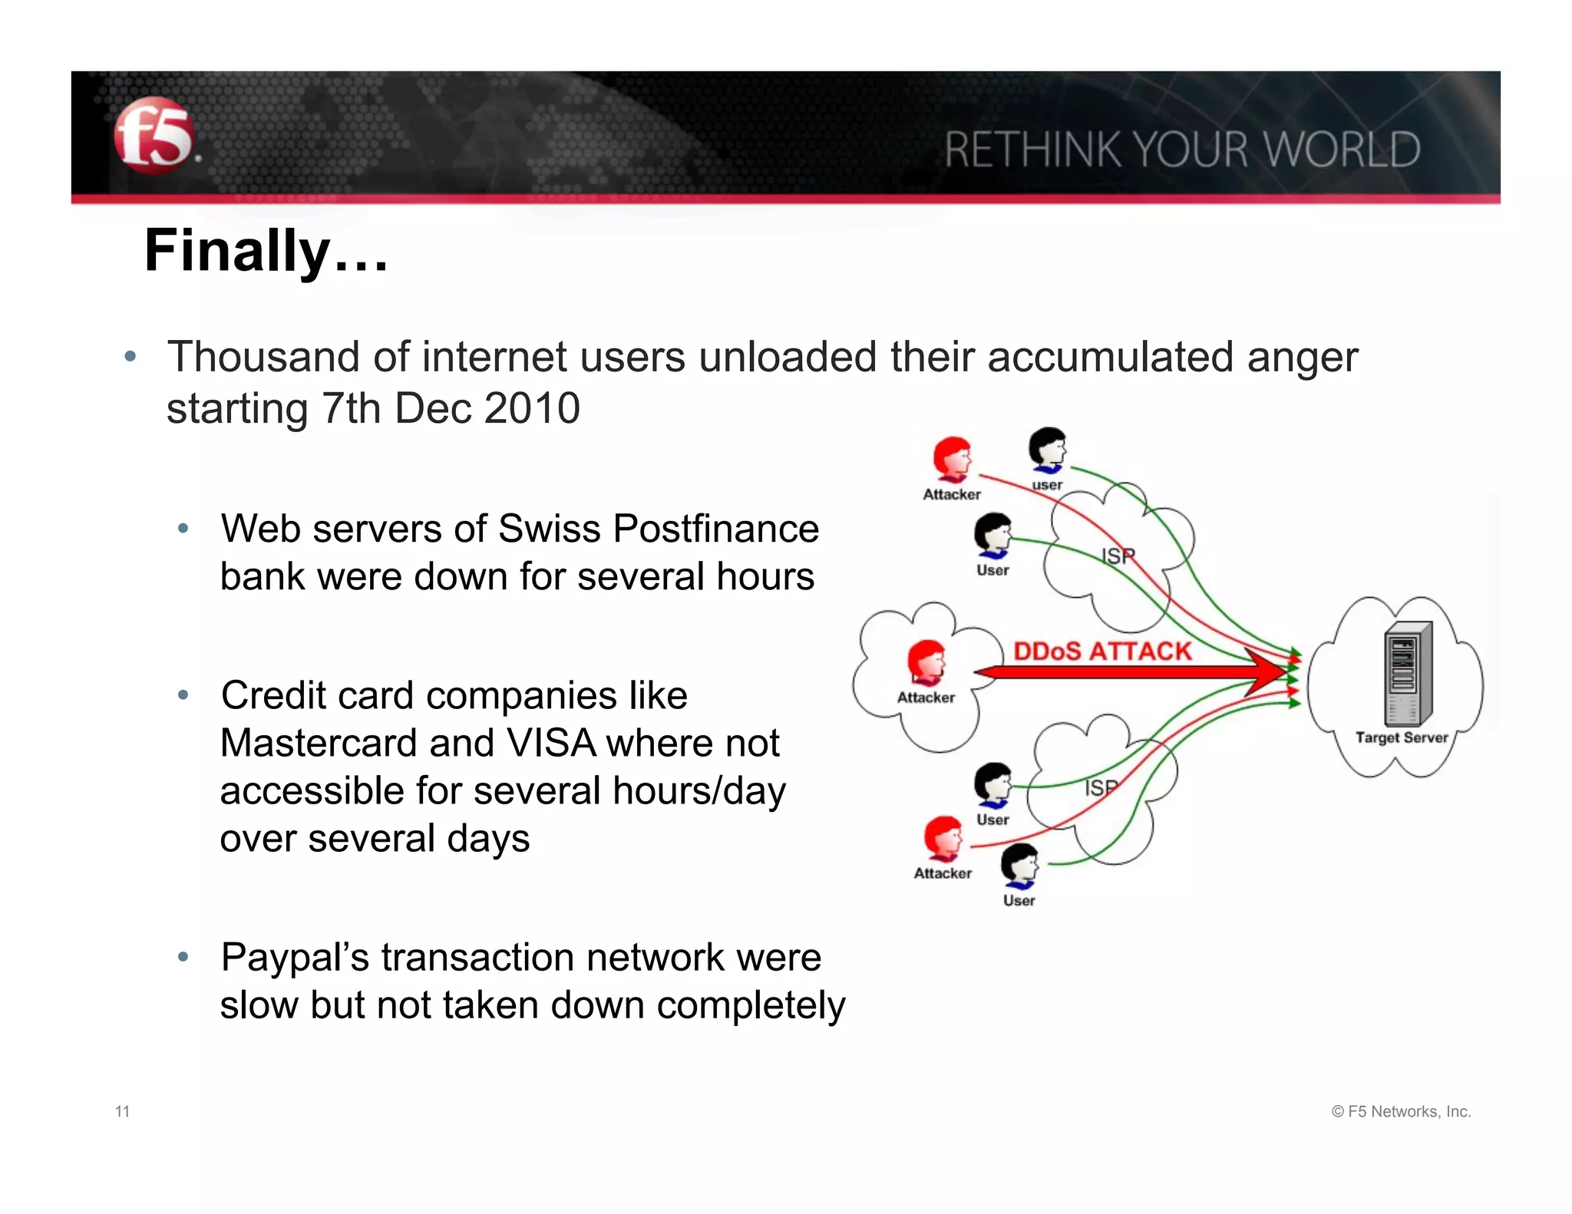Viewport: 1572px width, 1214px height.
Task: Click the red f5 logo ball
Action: coord(154,136)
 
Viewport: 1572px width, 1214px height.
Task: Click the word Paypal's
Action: coord(295,958)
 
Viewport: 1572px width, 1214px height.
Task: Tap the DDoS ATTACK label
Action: coord(1102,651)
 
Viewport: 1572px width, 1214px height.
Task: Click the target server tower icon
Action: coord(1408,673)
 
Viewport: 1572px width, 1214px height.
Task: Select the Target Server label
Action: coord(1401,737)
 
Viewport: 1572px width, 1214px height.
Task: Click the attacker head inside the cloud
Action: coord(926,661)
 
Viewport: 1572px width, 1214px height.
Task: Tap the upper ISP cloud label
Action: coord(1118,556)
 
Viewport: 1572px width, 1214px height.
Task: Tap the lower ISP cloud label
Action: coord(1101,788)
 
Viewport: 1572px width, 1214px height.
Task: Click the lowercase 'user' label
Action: coord(1047,485)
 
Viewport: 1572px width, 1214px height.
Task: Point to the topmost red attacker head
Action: coord(952,458)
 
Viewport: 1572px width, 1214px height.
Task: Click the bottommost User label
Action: coord(1019,900)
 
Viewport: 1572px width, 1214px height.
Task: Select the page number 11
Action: coord(122,1111)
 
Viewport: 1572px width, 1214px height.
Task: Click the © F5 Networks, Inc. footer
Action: coord(1401,1111)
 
